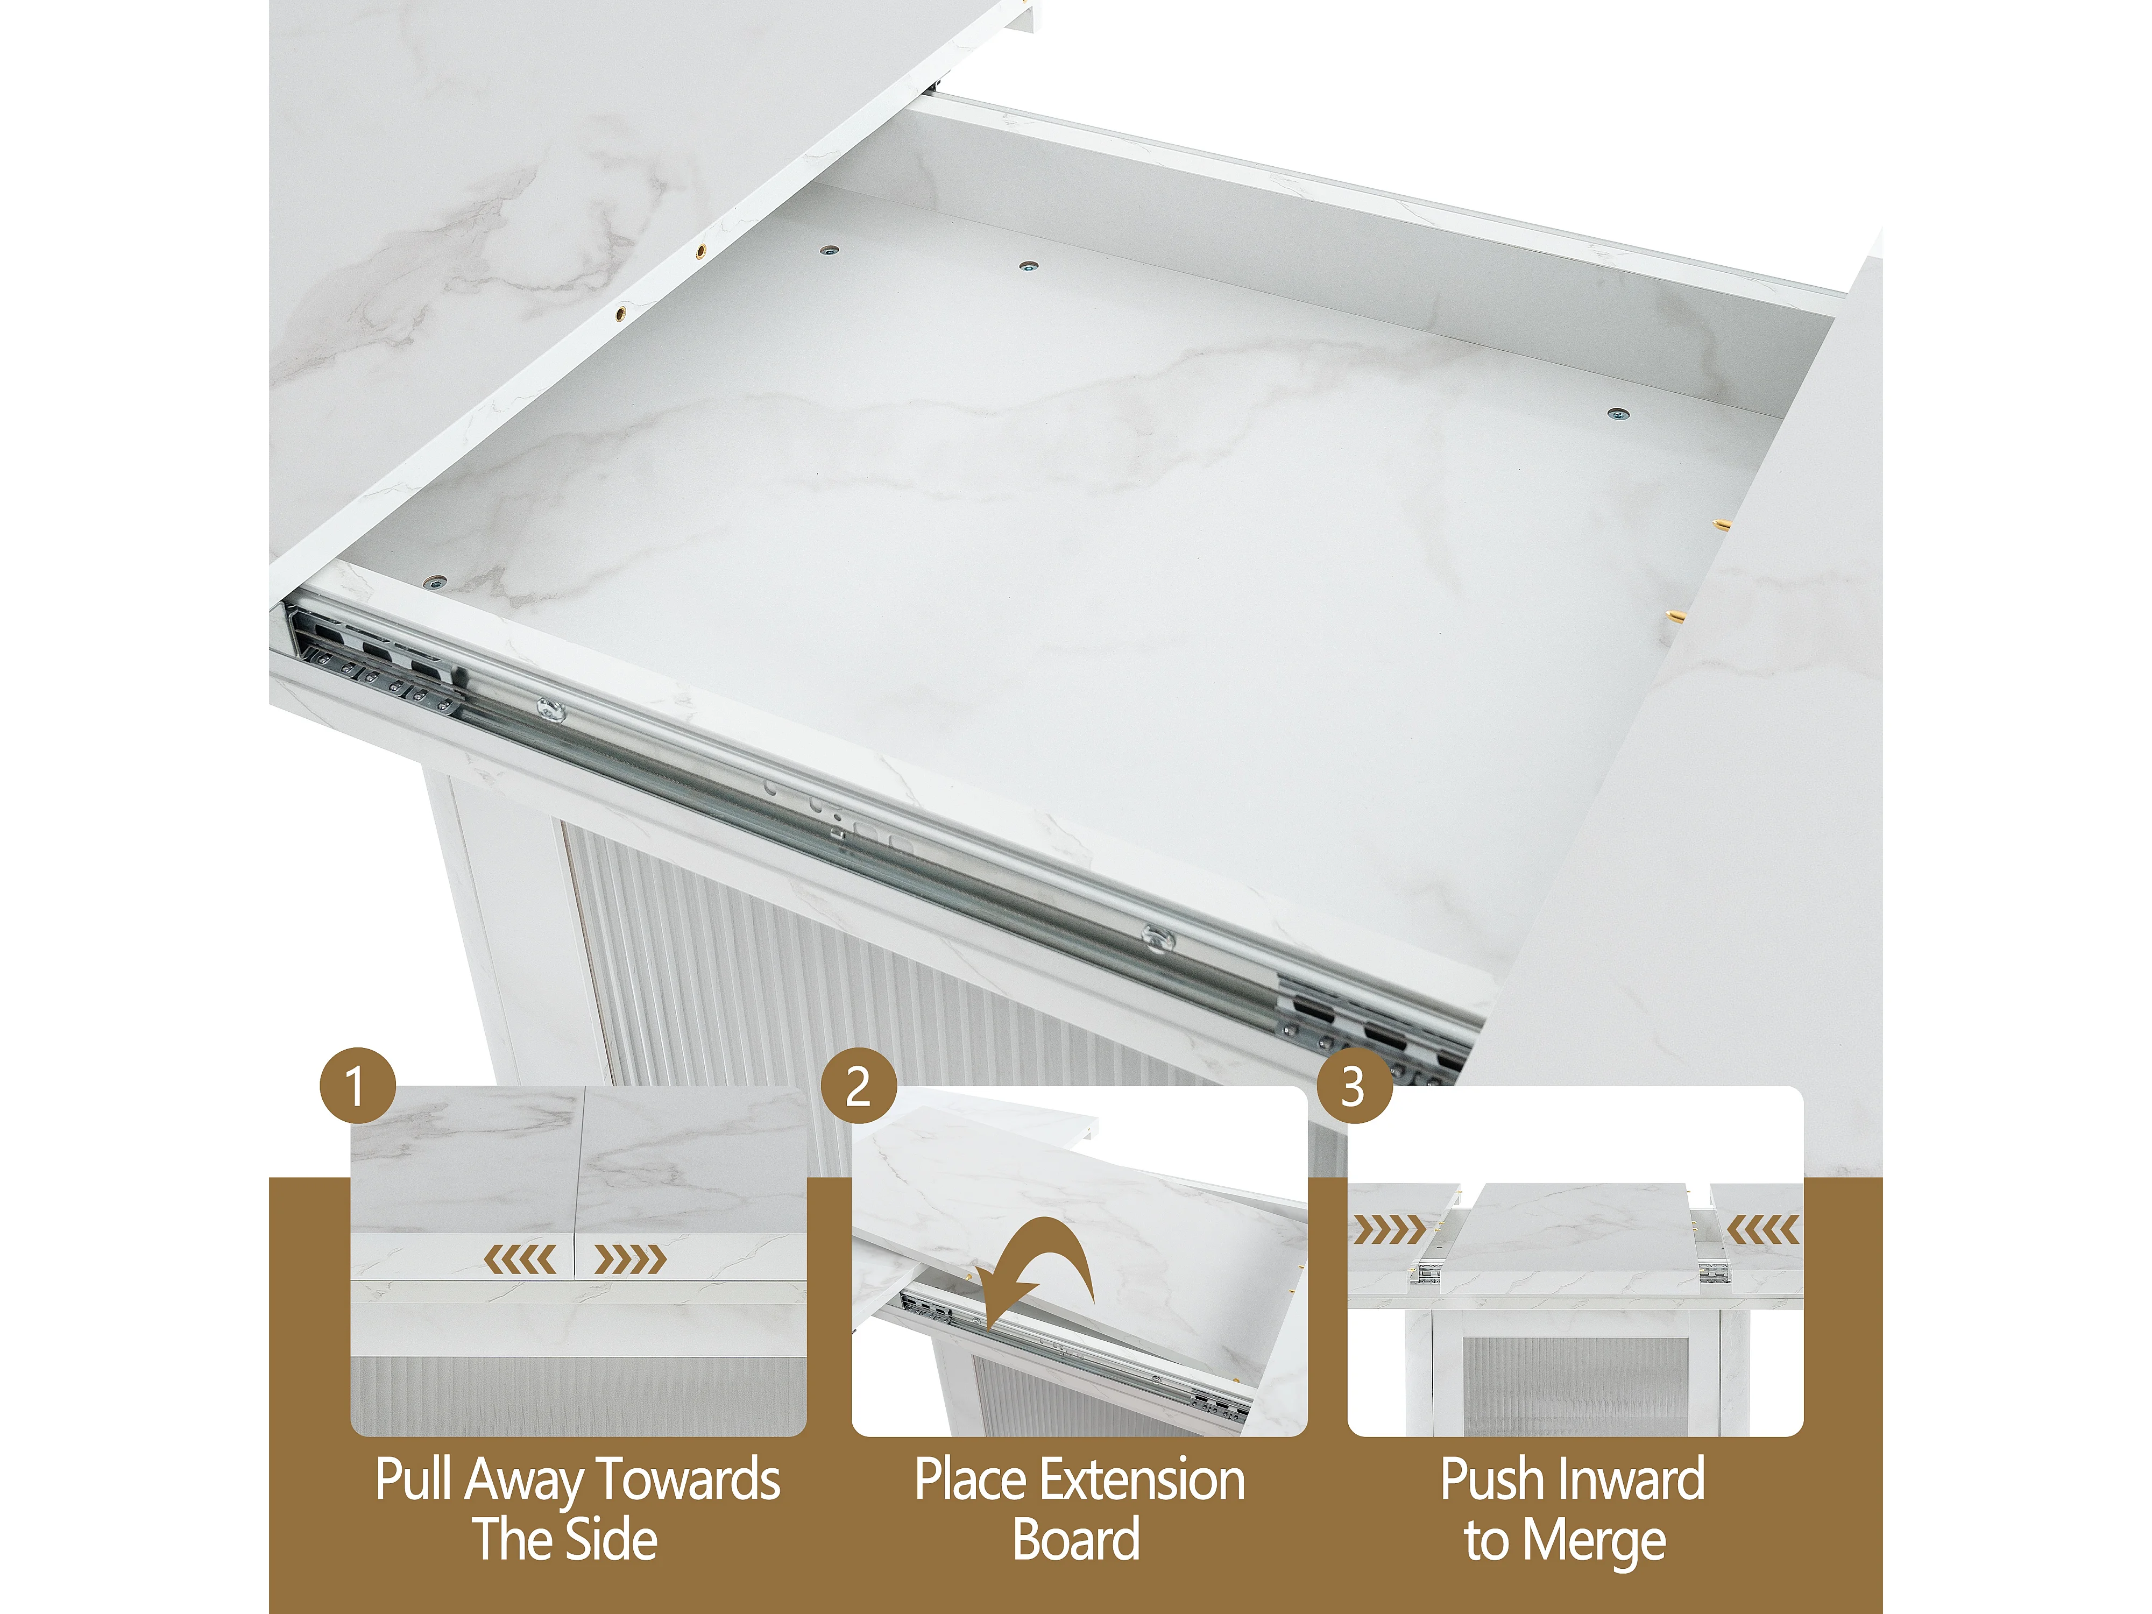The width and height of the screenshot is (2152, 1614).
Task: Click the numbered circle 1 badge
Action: pyautogui.click(x=357, y=1086)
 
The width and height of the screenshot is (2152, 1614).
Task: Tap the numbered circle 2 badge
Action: pyautogui.click(x=858, y=1086)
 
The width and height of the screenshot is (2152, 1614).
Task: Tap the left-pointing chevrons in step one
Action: pyautogui.click(x=520, y=1260)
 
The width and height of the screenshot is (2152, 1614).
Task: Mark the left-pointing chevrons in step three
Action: pyautogui.click(x=1763, y=1231)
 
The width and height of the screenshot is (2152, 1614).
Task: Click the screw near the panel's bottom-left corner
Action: pyautogui.click(x=434, y=583)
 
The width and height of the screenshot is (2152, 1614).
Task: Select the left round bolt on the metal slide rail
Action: pyautogui.click(x=551, y=711)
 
